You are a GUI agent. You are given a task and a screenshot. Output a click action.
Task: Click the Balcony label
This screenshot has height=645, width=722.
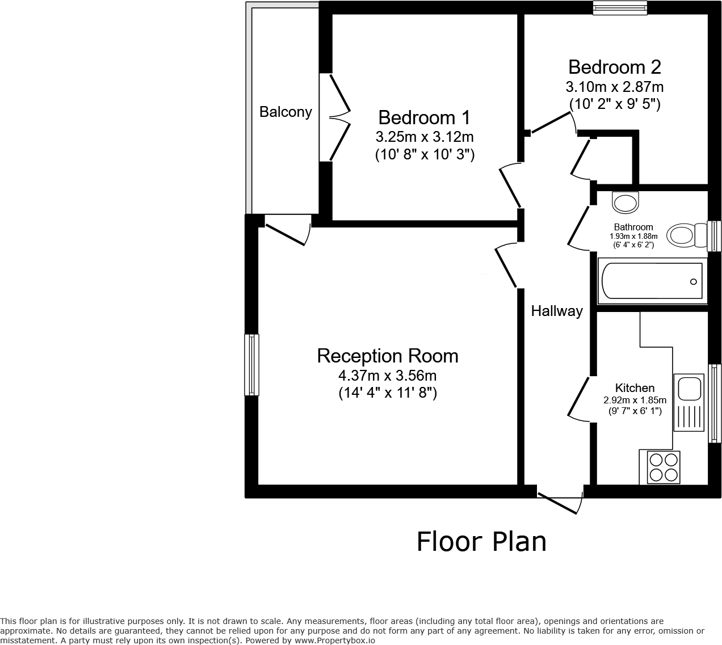pyautogui.click(x=286, y=112)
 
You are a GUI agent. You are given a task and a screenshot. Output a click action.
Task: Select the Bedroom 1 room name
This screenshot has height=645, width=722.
pyautogui.click(x=424, y=117)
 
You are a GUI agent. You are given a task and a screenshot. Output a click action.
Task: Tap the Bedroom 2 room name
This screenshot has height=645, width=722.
pyautogui.click(x=614, y=67)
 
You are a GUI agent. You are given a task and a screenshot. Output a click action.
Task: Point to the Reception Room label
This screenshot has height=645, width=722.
pyautogui.click(x=387, y=356)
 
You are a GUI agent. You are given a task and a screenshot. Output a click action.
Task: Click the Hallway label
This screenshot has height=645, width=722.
pyautogui.click(x=556, y=311)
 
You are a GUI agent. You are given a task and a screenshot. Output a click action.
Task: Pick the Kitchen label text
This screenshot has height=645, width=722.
pyautogui.click(x=635, y=388)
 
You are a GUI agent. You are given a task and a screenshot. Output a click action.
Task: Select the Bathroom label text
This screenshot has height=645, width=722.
pyautogui.click(x=633, y=227)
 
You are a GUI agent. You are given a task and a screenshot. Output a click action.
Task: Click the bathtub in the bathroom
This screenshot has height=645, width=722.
pyautogui.click(x=650, y=281)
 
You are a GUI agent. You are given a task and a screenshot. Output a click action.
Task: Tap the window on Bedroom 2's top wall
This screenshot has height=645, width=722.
pyautogui.click(x=620, y=7)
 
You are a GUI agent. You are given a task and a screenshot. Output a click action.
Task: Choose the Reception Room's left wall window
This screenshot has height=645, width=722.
pyautogui.click(x=251, y=364)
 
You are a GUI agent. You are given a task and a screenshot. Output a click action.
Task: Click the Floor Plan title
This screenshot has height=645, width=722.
pyautogui.click(x=481, y=541)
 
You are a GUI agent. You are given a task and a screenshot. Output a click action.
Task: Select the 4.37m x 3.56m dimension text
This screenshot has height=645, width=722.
pyautogui.click(x=387, y=376)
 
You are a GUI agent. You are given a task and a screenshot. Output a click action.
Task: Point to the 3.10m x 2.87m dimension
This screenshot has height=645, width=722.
pyautogui.click(x=614, y=87)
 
